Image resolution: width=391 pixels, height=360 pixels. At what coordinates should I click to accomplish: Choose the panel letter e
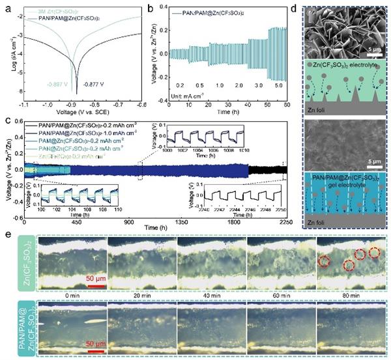tap(7, 232)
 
